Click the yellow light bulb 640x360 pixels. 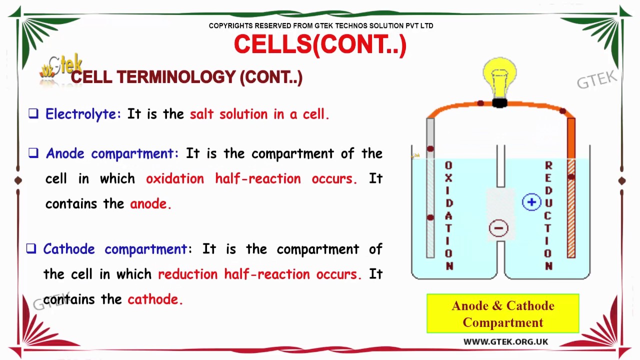point(499,75)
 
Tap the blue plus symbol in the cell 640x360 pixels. point(531,202)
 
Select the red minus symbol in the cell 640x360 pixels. point(498,228)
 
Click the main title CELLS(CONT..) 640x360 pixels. point(320,45)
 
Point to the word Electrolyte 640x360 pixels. point(83,114)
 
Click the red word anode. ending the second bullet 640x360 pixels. point(150,204)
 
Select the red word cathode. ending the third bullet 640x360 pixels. point(155,299)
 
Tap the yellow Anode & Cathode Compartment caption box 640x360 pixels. point(502,313)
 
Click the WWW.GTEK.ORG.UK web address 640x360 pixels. point(505,342)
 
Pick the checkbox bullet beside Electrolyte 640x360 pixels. point(33,114)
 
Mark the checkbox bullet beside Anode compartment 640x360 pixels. point(33,153)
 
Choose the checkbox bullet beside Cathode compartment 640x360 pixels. point(31,248)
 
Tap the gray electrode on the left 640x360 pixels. point(430,200)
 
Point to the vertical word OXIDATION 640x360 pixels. point(448,215)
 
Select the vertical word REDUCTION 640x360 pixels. point(548,215)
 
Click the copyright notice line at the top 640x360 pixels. point(320,25)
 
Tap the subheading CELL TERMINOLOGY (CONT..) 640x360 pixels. point(186,77)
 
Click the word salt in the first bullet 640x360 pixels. point(202,114)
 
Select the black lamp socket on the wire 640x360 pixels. point(499,103)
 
